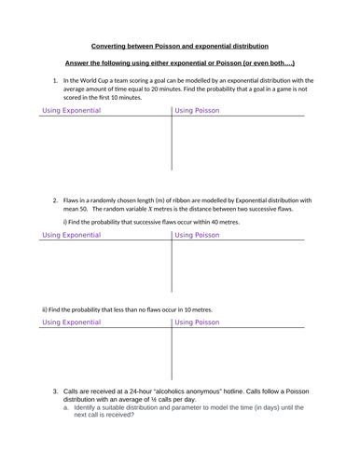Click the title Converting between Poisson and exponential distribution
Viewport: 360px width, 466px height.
pyautogui.click(x=180, y=46)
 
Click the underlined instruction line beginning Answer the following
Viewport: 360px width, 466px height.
pyautogui.click(x=180, y=63)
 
